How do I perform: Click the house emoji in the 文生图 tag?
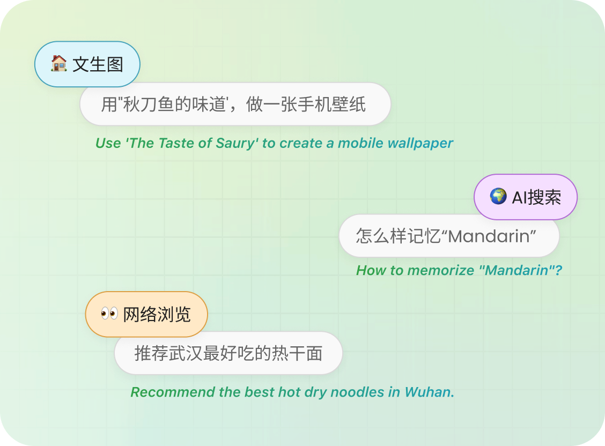pyautogui.click(x=59, y=64)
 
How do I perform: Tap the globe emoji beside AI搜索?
pyautogui.click(x=498, y=197)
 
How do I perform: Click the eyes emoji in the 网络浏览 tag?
pyautogui.click(x=109, y=314)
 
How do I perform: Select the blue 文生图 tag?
pyautogui.click(x=87, y=64)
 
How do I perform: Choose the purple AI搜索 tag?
pyautogui.click(x=526, y=197)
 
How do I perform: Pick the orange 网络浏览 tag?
pyautogui.click(x=146, y=314)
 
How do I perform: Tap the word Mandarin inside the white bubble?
pyautogui.click(x=490, y=236)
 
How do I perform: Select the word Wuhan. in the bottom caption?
pyautogui.click(x=430, y=392)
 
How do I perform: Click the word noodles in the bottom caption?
pyautogui.click(x=357, y=392)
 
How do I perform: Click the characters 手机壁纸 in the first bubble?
pyautogui.click(x=331, y=105)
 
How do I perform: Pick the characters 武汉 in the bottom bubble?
pyautogui.click(x=186, y=353)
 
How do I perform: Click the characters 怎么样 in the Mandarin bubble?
pyautogui.click(x=381, y=236)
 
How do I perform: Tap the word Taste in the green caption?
pyautogui.click(x=176, y=144)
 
